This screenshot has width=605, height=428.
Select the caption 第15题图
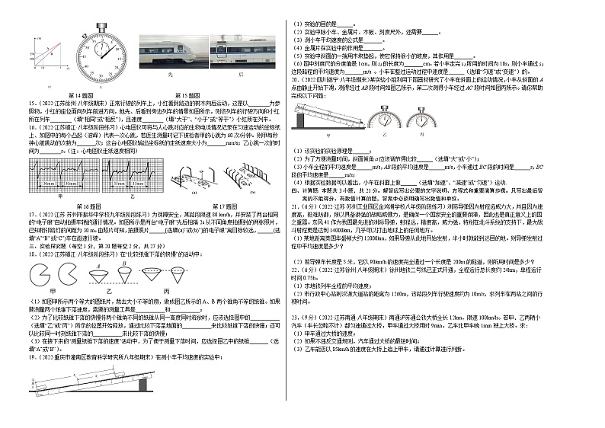click(x=186, y=95)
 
